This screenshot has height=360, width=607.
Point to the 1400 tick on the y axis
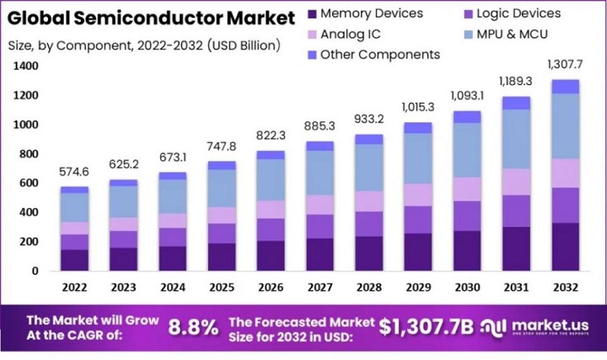(x=25, y=66)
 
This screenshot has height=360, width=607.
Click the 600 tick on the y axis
(x=29, y=183)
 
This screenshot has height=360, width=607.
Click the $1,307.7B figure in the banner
(x=426, y=327)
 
